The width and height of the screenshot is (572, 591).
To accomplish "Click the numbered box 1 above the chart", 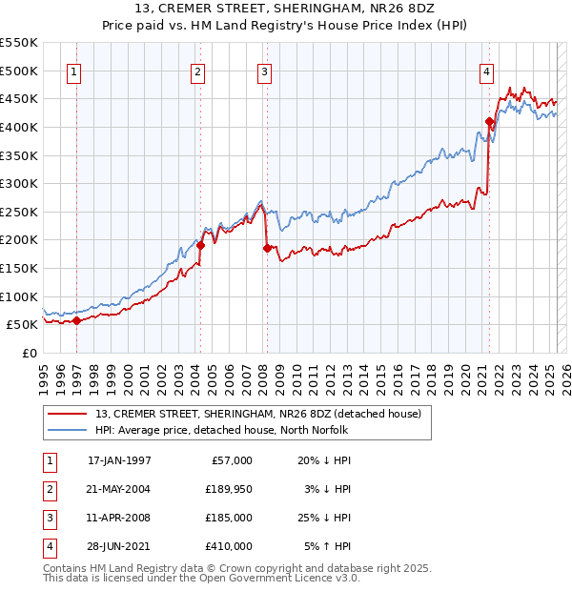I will [73, 71].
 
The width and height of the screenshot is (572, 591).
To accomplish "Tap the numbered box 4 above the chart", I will [486, 71].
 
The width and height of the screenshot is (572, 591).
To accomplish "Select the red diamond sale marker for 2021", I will [489, 121].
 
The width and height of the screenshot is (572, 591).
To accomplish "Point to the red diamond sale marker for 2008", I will [267, 248].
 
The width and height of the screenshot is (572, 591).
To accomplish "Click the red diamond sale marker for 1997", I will [76, 320].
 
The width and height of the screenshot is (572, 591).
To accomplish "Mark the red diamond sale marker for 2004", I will [200, 245].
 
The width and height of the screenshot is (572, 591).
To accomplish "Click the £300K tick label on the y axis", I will [18, 183].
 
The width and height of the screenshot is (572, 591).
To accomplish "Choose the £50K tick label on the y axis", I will [22, 325].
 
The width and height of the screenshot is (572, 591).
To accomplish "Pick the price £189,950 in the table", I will [226, 489].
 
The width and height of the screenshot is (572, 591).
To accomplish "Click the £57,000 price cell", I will [230, 460].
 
